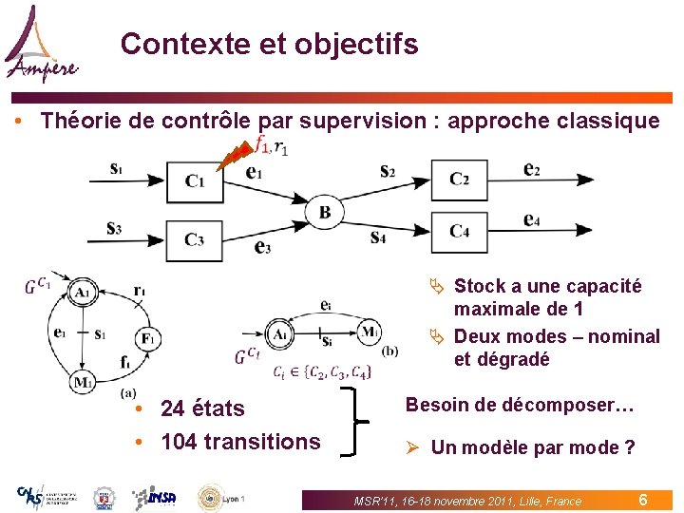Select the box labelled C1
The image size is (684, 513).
tap(194, 180)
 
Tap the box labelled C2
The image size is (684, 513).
tap(459, 179)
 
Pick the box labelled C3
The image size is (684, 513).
tap(194, 239)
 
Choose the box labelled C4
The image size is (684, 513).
tap(459, 231)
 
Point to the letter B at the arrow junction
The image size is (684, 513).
tap(325, 212)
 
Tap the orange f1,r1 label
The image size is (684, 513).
tap(272, 145)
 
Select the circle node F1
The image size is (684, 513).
tap(148, 338)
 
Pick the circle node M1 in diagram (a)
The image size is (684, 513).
tap(84, 382)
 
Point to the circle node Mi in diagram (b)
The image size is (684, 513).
tap(370, 332)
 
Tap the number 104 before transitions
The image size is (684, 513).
tap(181, 442)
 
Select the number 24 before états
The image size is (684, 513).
tap(174, 408)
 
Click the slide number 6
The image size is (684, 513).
tap(643, 499)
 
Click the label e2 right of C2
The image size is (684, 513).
tap(533, 169)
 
